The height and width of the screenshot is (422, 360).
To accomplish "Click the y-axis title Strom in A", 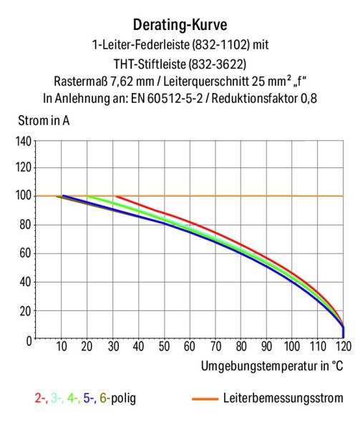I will click(x=40, y=119).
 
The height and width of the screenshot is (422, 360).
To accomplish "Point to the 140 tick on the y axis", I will click(x=23, y=141).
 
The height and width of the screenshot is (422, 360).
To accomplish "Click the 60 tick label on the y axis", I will click(x=25, y=253).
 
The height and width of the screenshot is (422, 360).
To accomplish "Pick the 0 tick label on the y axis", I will click(x=29, y=340).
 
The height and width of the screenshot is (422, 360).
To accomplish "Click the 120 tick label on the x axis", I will click(x=344, y=348).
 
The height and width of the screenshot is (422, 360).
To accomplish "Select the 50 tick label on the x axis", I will click(x=163, y=348).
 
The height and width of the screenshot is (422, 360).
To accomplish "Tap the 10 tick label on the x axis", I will click(x=62, y=348).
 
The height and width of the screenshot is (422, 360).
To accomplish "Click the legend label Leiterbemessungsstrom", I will click(x=283, y=398).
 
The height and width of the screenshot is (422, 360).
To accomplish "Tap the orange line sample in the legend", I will click(x=205, y=398).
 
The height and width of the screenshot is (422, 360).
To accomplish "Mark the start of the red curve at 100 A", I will click(x=116, y=196).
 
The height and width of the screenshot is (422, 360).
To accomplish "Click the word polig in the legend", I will click(x=122, y=398).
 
